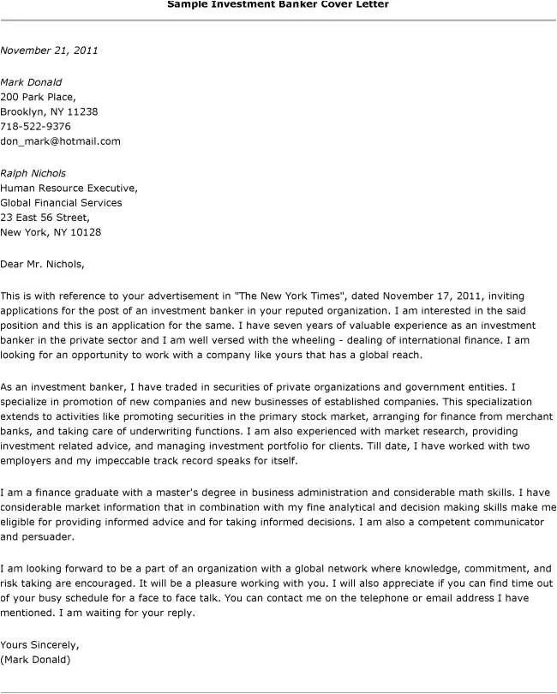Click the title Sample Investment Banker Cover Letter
pyautogui.click(x=278, y=4)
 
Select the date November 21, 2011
pyautogui.click(x=49, y=51)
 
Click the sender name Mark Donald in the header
pyautogui.click(x=31, y=82)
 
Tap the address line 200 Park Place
pyautogui.click(x=38, y=97)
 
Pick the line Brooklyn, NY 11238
pyautogui.click(x=49, y=111)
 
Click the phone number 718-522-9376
pyautogui.click(x=35, y=126)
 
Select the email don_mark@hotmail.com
pyautogui.click(x=60, y=141)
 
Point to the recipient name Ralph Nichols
pyautogui.click(x=33, y=173)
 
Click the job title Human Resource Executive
pyautogui.click(x=69, y=188)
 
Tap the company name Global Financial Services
pyautogui.click(x=61, y=203)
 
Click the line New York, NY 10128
pyautogui.click(x=51, y=232)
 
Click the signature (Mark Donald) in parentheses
pyautogui.click(x=36, y=660)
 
